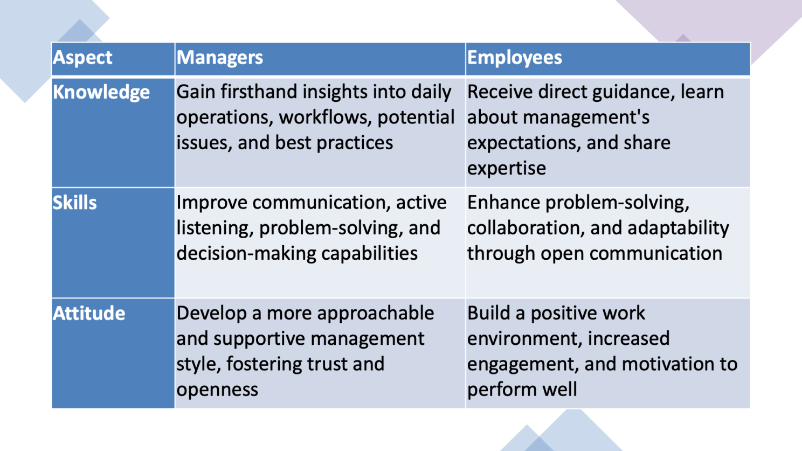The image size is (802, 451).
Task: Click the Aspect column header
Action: (x=82, y=58)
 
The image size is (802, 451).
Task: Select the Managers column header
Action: (x=220, y=58)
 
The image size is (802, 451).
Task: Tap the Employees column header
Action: (x=515, y=58)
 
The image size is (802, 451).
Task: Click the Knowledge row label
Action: (x=101, y=93)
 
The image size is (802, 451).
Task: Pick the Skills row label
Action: (x=75, y=203)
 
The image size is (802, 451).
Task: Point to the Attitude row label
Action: (x=89, y=313)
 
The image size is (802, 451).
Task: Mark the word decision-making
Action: (x=246, y=254)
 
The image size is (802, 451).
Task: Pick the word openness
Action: (x=217, y=390)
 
